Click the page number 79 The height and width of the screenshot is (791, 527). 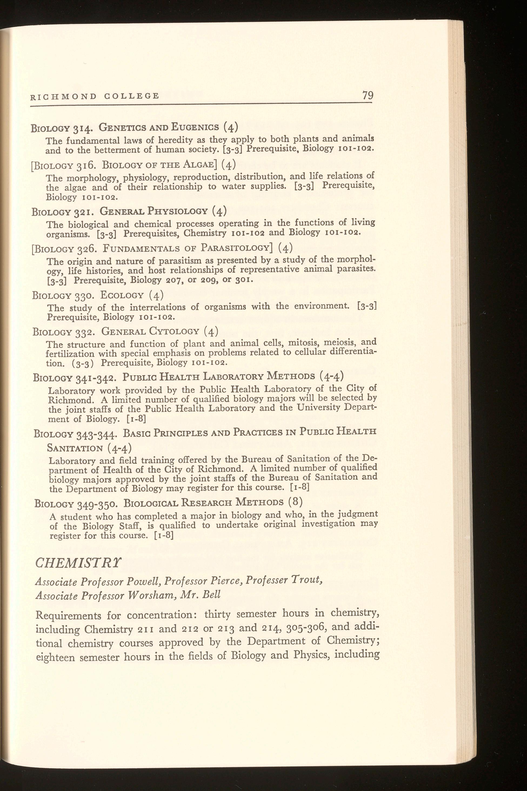click(368, 95)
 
